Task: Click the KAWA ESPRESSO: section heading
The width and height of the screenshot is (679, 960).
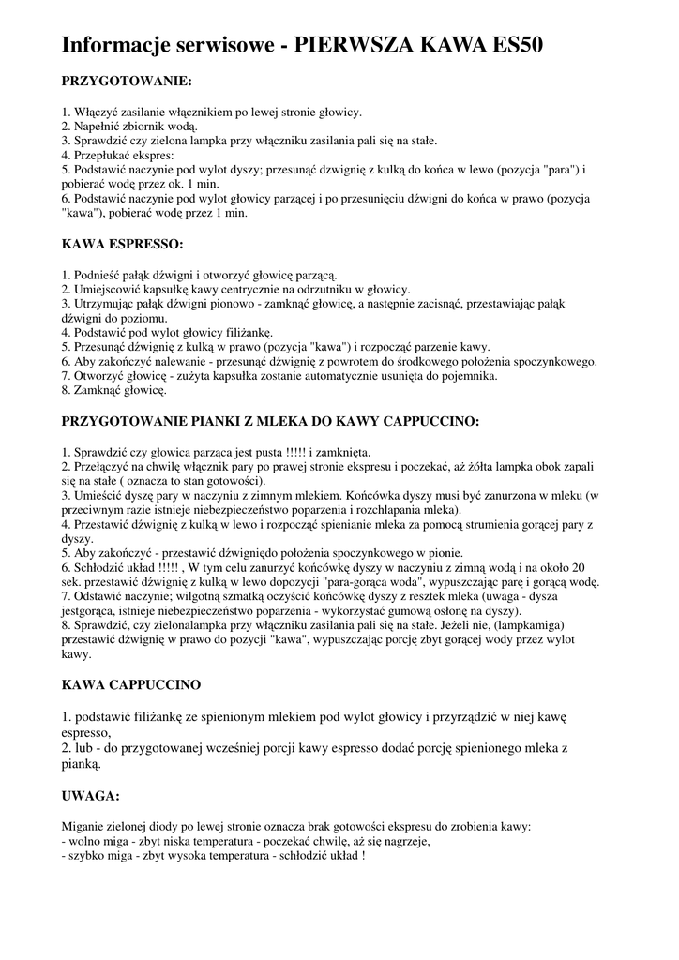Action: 123,244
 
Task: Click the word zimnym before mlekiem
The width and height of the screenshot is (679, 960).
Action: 269,494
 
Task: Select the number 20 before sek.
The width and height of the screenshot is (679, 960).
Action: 580,568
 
